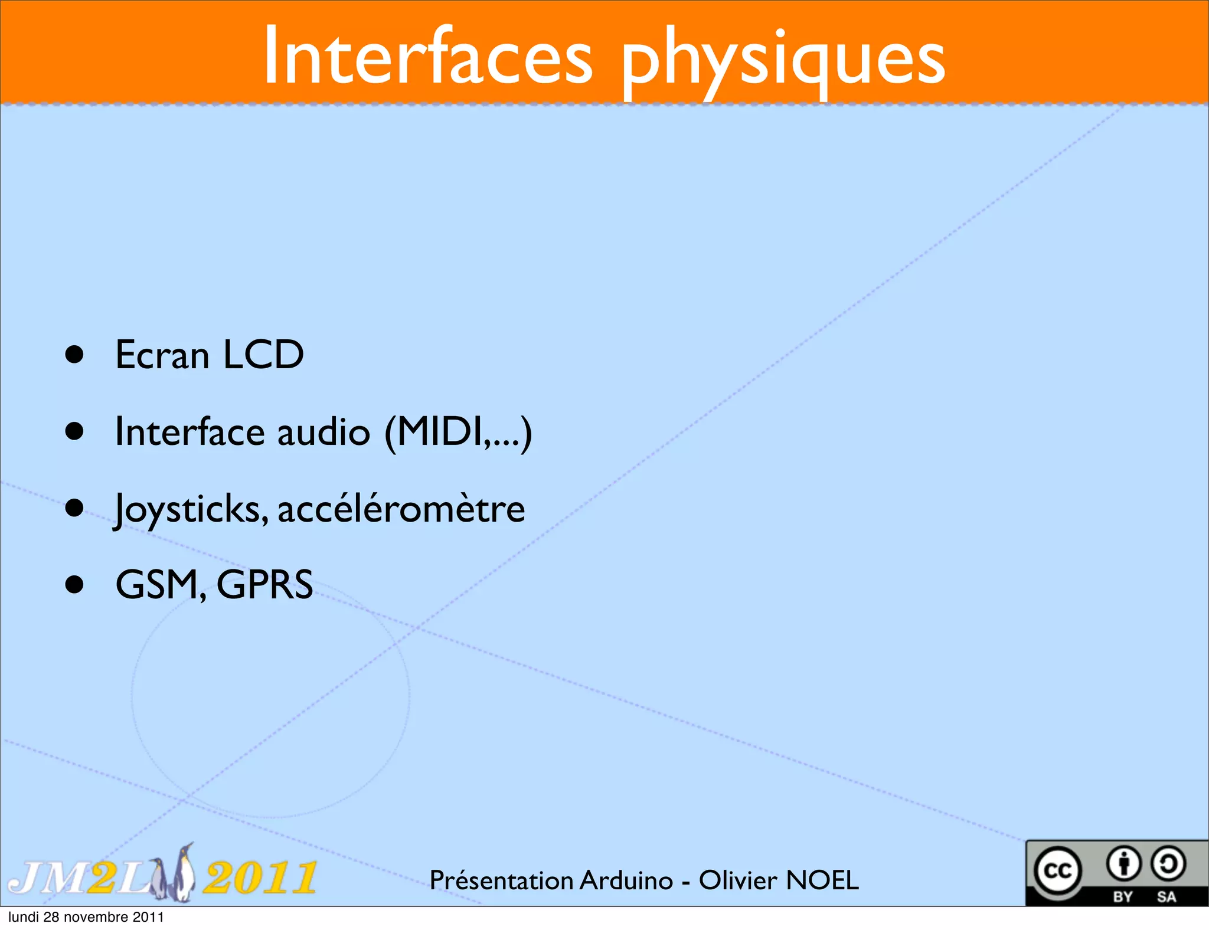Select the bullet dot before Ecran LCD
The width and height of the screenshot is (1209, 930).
point(74,355)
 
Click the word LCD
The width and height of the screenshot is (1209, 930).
point(263,355)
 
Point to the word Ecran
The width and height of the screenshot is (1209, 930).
point(162,356)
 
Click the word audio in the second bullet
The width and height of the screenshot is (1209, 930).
point(324,431)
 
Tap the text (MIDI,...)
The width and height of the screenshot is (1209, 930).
point(458,433)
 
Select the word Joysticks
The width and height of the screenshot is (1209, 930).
point(191,509)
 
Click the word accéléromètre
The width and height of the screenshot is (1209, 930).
point(401,509)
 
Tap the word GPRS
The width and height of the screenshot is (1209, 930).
point(264,585)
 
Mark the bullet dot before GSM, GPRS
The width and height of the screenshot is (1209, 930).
point(74,585)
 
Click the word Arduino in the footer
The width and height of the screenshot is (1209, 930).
point(626,880)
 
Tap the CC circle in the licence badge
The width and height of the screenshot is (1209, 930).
point(1057,871)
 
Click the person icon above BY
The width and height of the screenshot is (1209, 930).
point(1123,864)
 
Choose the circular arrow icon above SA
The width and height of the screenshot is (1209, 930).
point(1168,864)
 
